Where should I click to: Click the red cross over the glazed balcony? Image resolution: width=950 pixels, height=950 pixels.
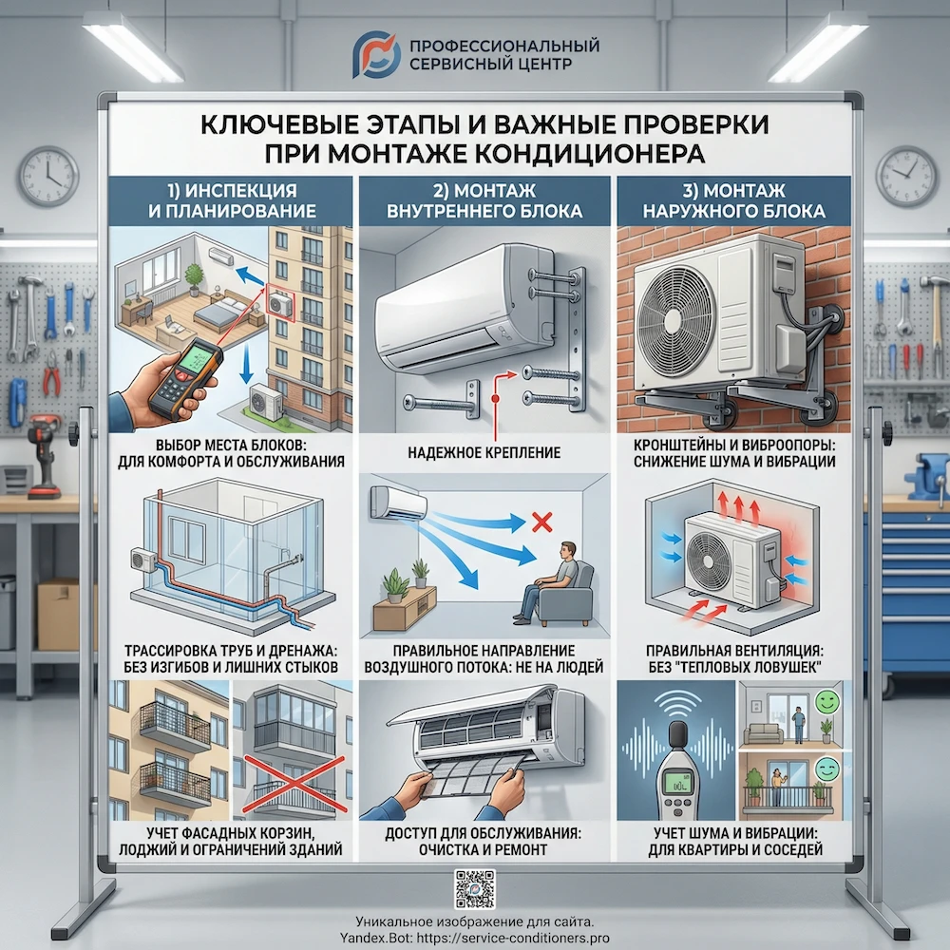pyautogui.click(x=294, y=783)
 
